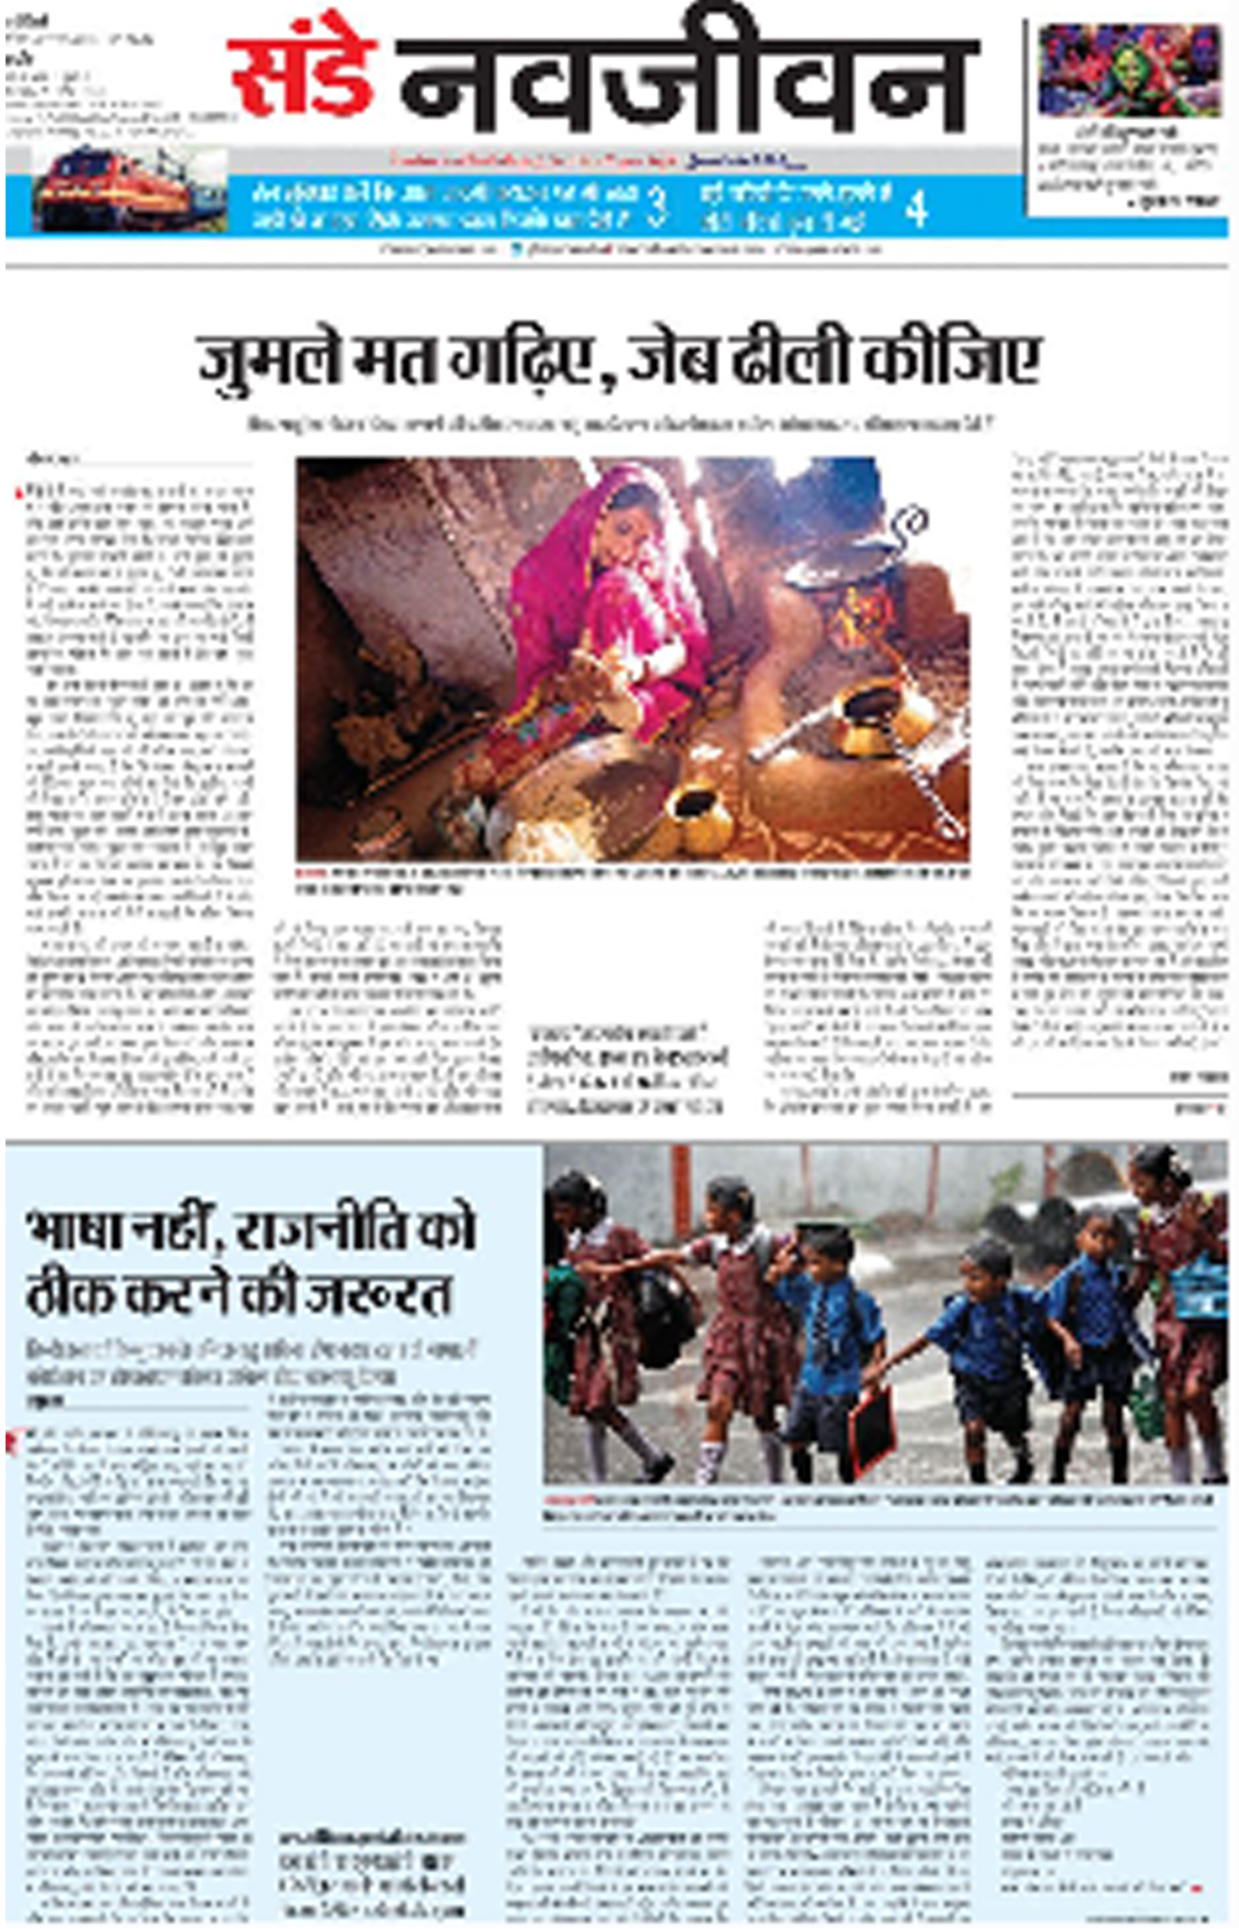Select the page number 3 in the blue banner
coord(658,207)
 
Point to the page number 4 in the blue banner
coord(916,210)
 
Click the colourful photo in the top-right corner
coord(1128,71)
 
